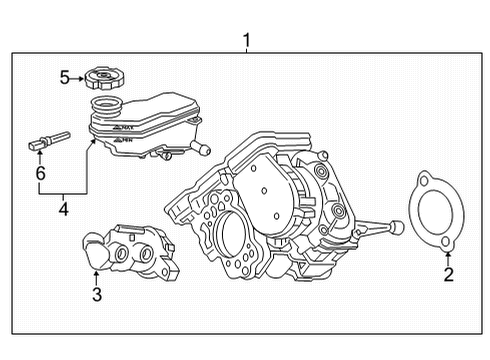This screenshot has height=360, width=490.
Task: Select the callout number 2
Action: (449, 274)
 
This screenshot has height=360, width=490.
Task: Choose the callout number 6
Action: (40, 173)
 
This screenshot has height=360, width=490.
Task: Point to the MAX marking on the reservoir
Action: (123, 128)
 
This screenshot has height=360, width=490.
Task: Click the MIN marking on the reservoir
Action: (124, 143)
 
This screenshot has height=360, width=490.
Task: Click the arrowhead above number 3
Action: (96, 273)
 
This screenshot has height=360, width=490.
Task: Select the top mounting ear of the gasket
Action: (427, 181)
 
